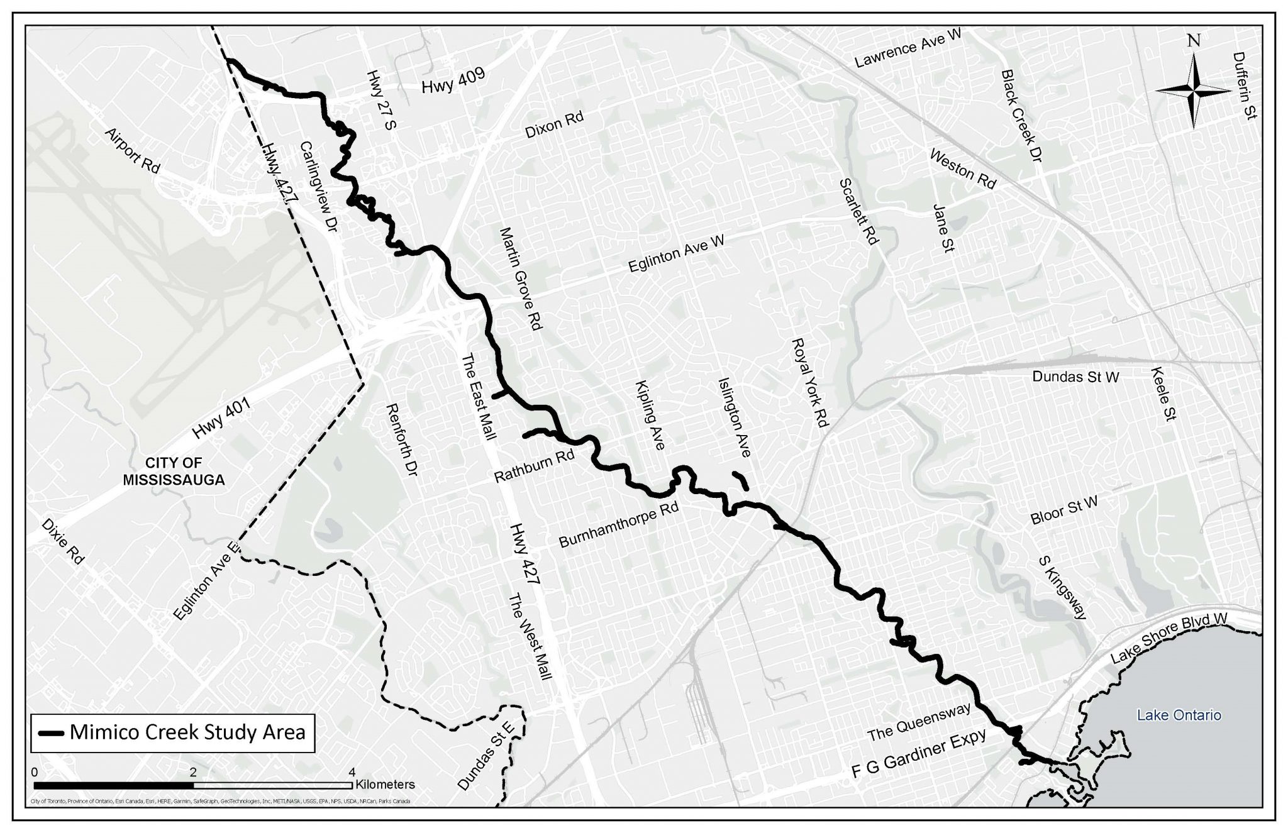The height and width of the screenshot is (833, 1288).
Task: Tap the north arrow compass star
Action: coord(1193,91)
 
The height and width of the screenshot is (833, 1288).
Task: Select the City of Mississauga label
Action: coord(174,472)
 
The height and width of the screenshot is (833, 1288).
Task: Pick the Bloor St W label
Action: coord(1064,510)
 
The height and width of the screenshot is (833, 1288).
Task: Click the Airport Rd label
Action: coord(133,151)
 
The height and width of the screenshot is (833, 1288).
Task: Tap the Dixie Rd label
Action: coord(62,541)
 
